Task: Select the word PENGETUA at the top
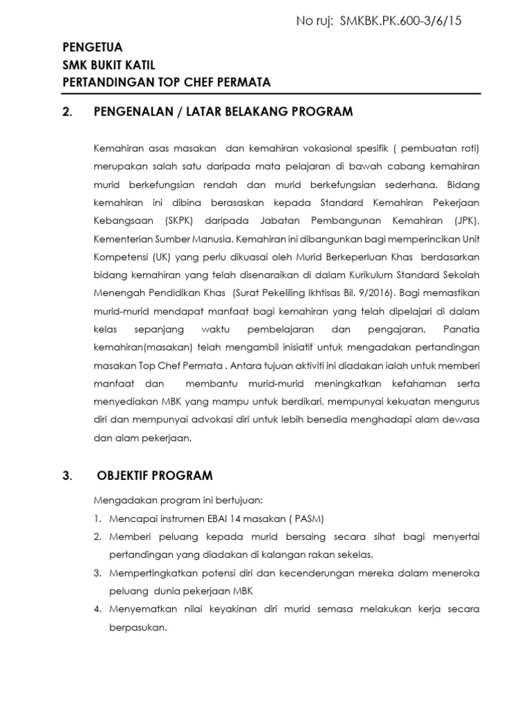[x=92, y=48]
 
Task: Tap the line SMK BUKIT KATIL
[x=109, y=65]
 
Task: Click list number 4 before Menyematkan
[x=97, y=608]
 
